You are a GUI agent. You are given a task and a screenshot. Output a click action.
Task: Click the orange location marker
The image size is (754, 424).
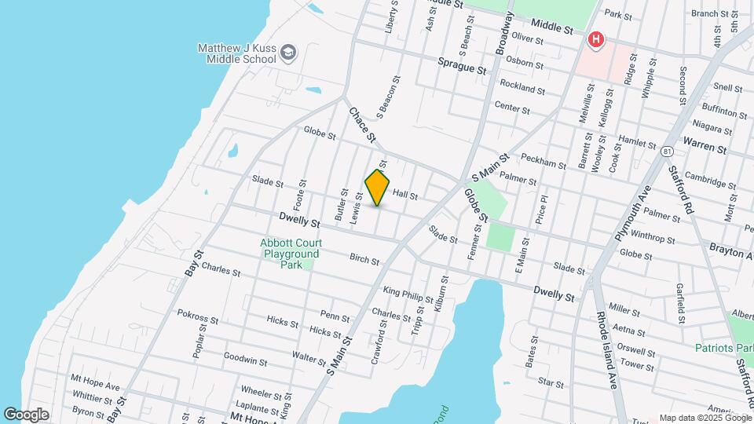pyautogui.click(x=378, y=187)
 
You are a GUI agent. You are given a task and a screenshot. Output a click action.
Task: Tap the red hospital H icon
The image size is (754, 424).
pyautogui.click(x=597, y=38)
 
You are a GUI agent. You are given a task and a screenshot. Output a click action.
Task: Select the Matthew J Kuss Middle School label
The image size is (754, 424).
pyautogui.click(x=236, y=53)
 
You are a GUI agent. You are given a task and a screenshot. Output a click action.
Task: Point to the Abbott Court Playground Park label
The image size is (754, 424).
pyautogui.click(x=291, y=254)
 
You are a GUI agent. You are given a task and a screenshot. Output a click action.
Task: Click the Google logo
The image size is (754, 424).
pyautogui.click(x=26, y=414)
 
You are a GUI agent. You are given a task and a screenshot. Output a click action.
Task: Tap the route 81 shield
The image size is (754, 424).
pyautogui.click(x=668, y=150)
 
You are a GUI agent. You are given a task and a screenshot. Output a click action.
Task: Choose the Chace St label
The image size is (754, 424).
pyautogui.click(x=362, y=124)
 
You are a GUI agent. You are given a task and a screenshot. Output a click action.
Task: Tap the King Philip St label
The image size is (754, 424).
pyautogui.click(x=408, y=294)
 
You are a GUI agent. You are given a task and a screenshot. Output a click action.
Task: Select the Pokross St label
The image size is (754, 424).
pyautogui.click(x=197, y=318)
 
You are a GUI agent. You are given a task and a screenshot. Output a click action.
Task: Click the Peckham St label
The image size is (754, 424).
pyautogui.click(x=543, y=163)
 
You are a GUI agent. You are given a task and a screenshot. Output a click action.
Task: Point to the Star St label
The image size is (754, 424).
pyautogui.click(x=550, y=383)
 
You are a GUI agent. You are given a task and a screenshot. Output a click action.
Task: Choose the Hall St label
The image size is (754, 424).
pyautogui.click(x=404, y=194)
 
